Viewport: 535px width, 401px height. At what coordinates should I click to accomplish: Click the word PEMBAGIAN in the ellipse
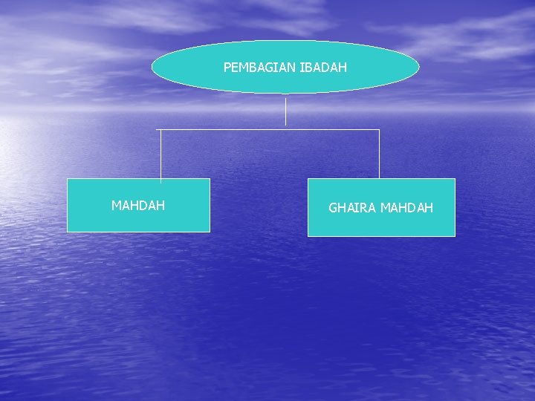[260, 68]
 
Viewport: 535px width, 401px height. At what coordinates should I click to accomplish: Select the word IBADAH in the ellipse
[323, 68]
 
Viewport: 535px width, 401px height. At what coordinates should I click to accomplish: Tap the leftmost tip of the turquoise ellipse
[152, 68]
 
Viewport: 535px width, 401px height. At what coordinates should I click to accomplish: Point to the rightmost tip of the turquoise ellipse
[419, 68]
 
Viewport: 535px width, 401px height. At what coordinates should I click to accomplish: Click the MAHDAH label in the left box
[138, 206]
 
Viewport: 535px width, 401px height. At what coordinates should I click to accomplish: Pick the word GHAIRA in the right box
[353, 208]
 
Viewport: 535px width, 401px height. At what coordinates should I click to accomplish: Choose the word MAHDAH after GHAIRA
[406, 208]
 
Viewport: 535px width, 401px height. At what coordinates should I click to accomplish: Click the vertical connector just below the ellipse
[286, 111]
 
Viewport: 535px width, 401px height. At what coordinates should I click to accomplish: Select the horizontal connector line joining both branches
[223, 130]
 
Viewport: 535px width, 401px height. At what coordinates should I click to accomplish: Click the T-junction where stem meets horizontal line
[286, 130]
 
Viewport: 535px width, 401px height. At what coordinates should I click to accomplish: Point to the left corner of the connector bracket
[161, 130]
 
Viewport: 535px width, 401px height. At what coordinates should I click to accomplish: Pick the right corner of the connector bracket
[380, 130]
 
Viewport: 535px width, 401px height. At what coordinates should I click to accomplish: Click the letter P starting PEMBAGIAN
[227, 68]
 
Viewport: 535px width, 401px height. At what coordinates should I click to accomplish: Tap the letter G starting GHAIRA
[333, 208]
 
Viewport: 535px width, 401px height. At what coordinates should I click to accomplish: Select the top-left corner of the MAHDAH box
[68, 179]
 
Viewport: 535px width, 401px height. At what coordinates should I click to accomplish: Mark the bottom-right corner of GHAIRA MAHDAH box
[455, 236]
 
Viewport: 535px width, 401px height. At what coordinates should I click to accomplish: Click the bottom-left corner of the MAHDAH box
[68, 232]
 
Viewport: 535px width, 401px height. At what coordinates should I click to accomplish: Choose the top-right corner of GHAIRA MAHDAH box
[455, 179]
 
